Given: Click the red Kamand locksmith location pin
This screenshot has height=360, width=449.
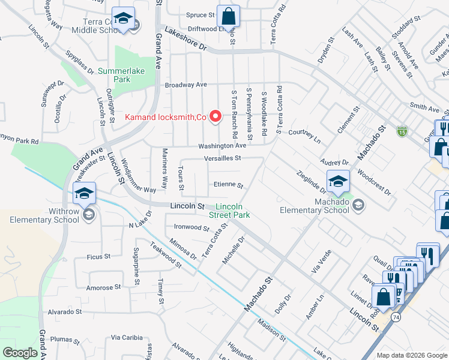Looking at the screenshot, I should point(214,116).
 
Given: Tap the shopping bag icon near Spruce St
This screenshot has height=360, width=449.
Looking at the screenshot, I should point(228,16).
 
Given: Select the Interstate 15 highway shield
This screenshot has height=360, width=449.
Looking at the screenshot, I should point(401,130).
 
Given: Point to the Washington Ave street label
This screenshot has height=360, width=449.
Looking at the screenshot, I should point(223,146).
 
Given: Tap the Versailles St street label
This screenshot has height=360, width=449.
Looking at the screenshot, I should point(222,158).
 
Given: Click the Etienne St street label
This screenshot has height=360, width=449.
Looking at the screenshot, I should point(228,185).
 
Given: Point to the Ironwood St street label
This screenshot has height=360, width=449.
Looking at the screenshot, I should point(191,228).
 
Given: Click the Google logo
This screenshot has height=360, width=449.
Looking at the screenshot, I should point(20,352).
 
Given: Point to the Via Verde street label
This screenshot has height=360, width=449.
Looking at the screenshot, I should point(322,262).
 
